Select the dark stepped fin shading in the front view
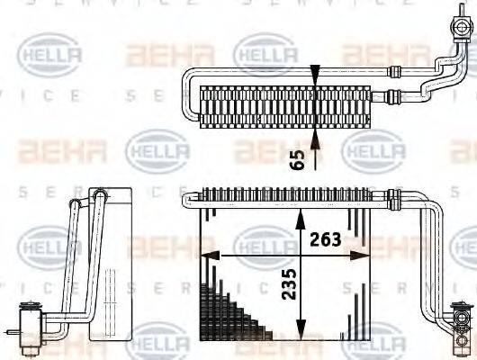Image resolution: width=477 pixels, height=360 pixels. click(229, 315)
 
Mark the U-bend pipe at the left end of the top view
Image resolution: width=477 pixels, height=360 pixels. click(189, 94)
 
